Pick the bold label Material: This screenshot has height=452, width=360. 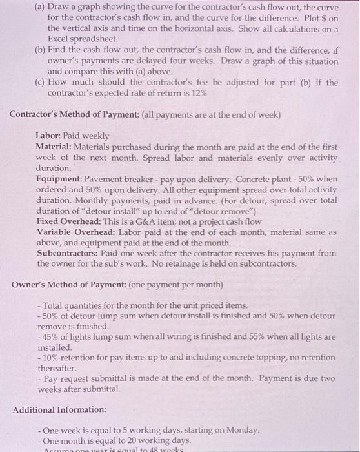pos(57,147)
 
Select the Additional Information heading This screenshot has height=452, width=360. pos(59,409)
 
